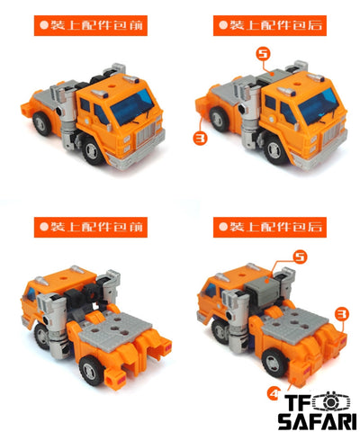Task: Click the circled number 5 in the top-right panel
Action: pyautogui.click(x=263, y=54)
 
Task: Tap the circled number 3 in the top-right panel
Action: pyautogui.click(x=201, y=139)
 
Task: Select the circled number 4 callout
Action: pyautogui.click(x=274, y=393)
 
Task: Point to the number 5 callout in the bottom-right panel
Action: pyautogui.click(x=300, y=257)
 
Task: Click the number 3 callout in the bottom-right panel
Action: pyautogui.click(x=341, y=314)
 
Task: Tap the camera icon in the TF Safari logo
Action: pyautogui.click(x=330, y=401)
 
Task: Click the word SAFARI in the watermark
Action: pyautogui.click(x=317, y=421)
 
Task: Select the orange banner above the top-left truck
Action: pyautogui.click(x=91, y=25)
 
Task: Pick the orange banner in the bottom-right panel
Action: pyautogui.click(x=270, y=227)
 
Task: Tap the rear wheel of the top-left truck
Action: pyautogui.click(x=42, y=122)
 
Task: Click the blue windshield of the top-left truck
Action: pyautogui.click(x=132, y=106)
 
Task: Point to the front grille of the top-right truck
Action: pyautogui.click(x=331, y=134)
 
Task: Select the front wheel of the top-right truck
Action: pyautogui.click(x=274, y=150)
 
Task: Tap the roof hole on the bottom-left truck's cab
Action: pyautogui.click(x=63, y=278)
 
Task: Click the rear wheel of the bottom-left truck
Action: pyautogui.click(x=92, y=371)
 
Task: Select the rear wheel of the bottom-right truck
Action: pyautogui.click(x=274, y=364)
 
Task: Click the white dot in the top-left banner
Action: pyautogui.click(x=44, y=25)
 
